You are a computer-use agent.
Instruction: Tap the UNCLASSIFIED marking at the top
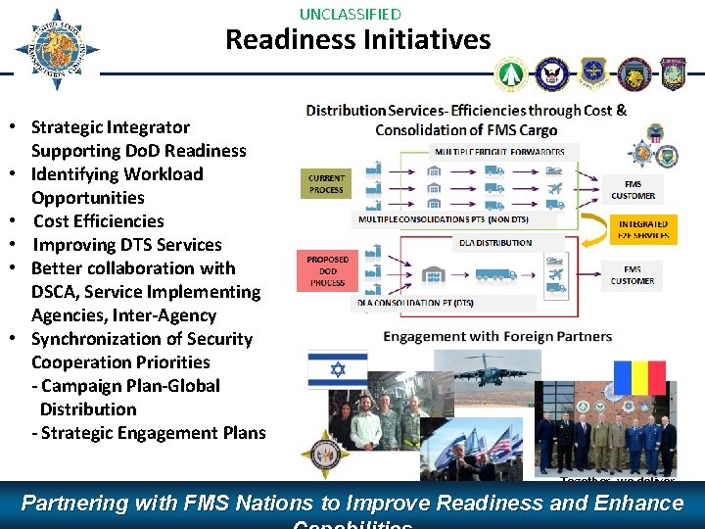pos(350,14)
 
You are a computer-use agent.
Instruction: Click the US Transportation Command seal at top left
pos(56,50)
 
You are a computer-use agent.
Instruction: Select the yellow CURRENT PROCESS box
pos(326,184)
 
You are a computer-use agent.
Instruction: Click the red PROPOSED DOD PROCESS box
pos(327,271)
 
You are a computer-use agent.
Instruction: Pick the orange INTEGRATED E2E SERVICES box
pos(643,229)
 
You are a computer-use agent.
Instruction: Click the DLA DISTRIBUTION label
pos(495,242)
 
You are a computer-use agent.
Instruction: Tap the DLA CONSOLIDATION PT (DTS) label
pos(414,304)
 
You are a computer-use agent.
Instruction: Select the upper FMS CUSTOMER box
pos(633,188)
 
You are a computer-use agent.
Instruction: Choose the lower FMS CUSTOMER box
pos(633,275)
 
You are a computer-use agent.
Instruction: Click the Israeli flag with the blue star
pos(338,370)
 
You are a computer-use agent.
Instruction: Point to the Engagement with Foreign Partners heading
pos(497,336)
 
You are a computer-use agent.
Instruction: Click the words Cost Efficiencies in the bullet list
pos(98,221)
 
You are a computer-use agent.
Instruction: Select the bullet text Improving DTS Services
pos(127,245)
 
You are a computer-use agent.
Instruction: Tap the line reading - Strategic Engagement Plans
pos(149,433)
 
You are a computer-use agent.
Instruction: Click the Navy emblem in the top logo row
pos(552,73)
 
